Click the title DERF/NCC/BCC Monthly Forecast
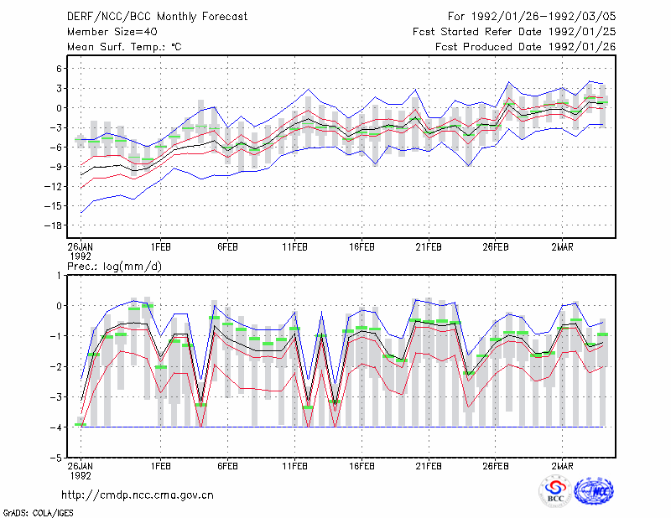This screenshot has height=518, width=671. pyautogui.click(x=157, y=17)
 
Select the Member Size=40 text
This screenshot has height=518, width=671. pyautogui.click(x=112, y=32)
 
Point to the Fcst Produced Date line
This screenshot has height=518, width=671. pyautogui.click(x=526, y=47)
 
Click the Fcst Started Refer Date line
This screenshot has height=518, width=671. pyautogui.click(x=514, y=32)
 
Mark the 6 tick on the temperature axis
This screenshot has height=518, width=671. pyautogui.click(x=59, y=69)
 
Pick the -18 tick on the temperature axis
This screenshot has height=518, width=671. pyautogui.click(x=53, y=225)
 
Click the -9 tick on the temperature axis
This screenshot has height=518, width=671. pyautogui.click(x=56, y=167)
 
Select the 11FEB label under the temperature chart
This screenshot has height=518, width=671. pyautogui.click(x=294, y=247)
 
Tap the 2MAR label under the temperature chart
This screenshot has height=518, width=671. pyautogui.click(x=562, y=247)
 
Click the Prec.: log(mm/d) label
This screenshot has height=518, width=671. pyautogui.click(x=114, y=267)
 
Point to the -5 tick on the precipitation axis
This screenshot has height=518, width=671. pyautogui.click(x=56, y=458)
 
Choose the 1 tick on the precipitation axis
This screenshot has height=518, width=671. pyautogui.click(x=59, y=276)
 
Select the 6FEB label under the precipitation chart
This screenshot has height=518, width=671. pyautogui.click(x=227, y=466)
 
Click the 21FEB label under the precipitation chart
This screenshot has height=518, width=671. pyautogui.click(x=429, y=466)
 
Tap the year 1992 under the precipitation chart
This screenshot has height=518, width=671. pyautogui.click(x=81, y=475)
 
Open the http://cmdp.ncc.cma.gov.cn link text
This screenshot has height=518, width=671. pyautogui.click(x=138, y=495)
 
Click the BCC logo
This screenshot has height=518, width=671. pyautogui.click(x=555, y=491)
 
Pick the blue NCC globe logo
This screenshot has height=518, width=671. pyautogui.click(x=594, y=491)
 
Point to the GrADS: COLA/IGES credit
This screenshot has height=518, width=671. pyautogui.click(x=39, y=513)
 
